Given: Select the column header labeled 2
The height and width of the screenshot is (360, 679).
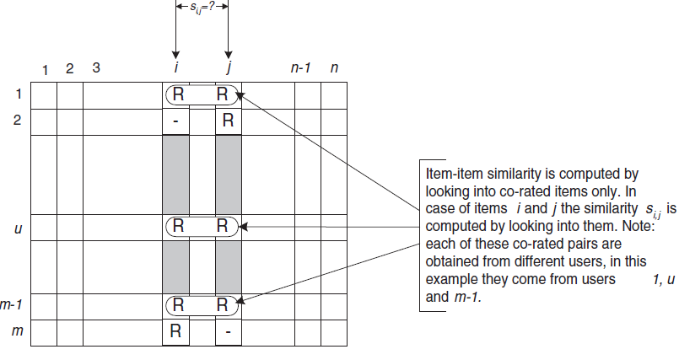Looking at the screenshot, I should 70,67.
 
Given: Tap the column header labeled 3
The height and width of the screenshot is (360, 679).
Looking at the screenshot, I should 96,67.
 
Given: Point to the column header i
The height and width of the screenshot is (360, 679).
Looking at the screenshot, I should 175,67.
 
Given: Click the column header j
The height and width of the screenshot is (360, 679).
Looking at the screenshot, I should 228,68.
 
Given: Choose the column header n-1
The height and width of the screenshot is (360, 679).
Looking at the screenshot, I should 301,67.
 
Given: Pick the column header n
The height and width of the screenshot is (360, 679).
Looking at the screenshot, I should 334,67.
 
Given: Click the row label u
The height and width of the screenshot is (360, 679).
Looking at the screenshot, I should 18,228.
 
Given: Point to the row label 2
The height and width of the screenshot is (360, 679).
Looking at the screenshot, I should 18,121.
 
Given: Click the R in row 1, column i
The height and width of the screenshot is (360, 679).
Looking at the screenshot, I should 178,95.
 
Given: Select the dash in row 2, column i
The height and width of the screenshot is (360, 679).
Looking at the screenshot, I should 175,121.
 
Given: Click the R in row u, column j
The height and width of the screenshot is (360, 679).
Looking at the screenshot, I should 223,226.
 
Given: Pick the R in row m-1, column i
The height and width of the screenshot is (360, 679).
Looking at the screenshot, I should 178,306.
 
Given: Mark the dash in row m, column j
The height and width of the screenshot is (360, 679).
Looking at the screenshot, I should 228,332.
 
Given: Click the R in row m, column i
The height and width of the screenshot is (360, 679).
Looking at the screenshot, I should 175,331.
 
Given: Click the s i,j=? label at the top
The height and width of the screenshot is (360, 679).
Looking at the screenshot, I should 201,7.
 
